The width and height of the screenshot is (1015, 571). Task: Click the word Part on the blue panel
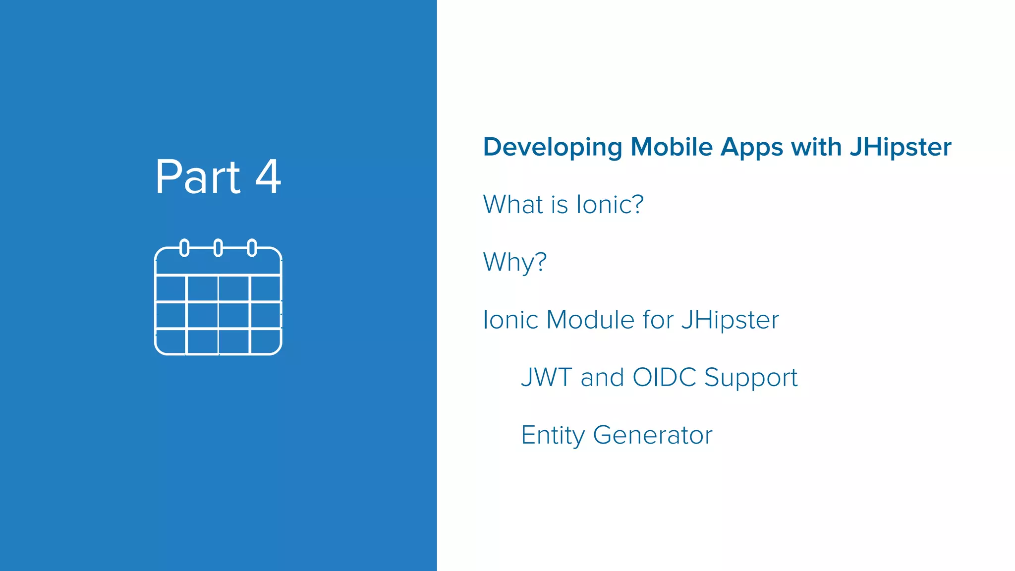(198, 177)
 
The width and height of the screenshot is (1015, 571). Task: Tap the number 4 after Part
(268, 177)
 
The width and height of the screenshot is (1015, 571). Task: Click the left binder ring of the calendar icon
(184, 247)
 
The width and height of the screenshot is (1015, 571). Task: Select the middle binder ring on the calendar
(218, 247)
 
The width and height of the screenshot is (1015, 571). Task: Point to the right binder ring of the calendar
(252, 247)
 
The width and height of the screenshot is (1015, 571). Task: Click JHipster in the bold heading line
(901, 148)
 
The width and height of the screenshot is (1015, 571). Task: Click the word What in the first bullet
(513, 204)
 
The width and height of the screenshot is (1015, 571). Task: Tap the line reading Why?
(514, 262)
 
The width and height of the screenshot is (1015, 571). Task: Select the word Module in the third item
(590, 320)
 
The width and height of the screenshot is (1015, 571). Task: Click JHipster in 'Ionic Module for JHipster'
(730, 321)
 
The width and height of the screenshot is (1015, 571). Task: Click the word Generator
(652, 435)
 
